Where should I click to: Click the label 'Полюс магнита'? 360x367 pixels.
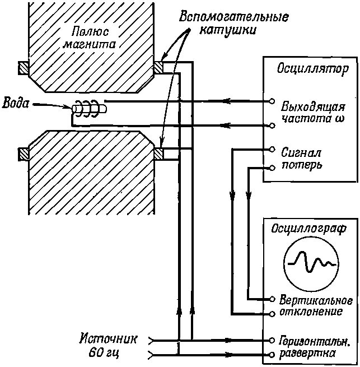coord(90,38)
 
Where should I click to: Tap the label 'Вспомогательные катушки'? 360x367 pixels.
coord(233,23)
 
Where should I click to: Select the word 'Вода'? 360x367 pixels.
coord(16,103)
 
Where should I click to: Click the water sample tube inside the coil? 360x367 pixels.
coord(89,109)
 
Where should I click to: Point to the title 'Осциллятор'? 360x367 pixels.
coord(313,69)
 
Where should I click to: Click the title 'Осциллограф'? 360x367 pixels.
coord(309,229)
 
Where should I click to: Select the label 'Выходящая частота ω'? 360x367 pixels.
coord(313,113)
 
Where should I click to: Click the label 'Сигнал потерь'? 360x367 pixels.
coord(301,159)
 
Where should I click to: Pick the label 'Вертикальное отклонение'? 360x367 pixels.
coord(316,306)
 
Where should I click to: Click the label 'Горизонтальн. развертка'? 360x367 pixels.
coord(315,347)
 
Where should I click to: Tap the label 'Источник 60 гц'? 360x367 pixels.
coord(108,346)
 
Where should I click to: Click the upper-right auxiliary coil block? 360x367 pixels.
coord(158,68)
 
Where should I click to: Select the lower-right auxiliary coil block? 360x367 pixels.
coord(158,154)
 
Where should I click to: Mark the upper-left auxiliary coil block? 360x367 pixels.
coord(24,68)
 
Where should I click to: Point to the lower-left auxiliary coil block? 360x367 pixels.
coord(24,155)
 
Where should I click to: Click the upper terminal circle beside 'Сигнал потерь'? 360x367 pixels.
coord(272,150)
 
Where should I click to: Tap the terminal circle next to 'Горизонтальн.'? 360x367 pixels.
coord(272,340)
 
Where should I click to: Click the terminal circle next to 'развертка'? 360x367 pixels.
coord(272,355)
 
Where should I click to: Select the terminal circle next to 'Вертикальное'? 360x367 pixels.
coord(272,299)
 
